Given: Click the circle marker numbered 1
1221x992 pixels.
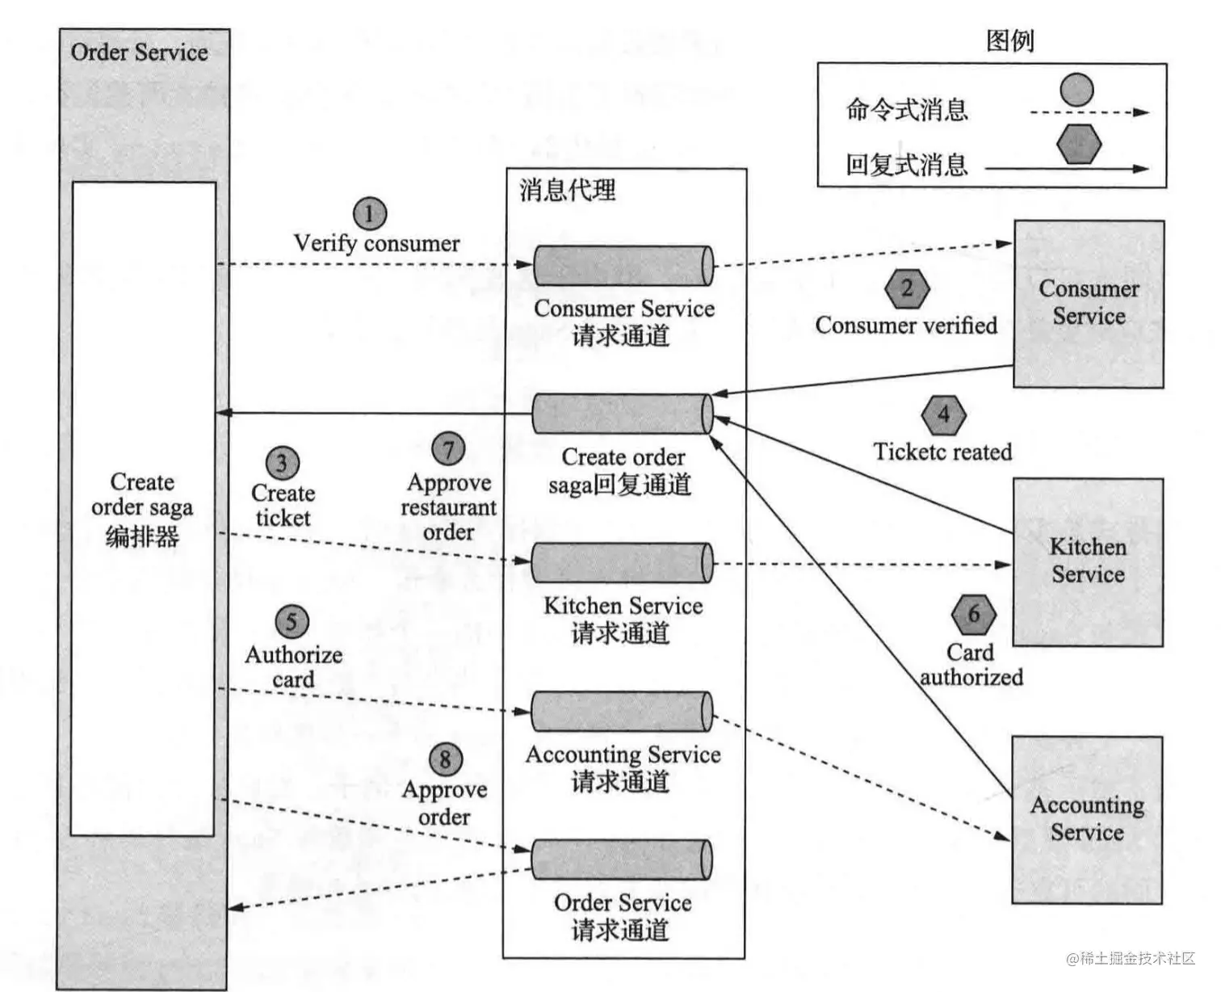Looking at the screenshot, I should coord(370,214).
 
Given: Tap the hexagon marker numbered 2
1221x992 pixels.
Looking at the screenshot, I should coord(907,288).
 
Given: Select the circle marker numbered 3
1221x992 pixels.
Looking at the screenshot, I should coord(283,464).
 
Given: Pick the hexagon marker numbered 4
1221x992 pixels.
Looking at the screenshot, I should coord(943,415).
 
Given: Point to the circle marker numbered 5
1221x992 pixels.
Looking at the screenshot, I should coord(292,622).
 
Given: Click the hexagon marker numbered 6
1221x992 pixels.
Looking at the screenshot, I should coord(973,614).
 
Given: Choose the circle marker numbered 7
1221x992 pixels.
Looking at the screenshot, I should coord(448,448).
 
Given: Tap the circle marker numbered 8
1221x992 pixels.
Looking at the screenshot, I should coord(445,759).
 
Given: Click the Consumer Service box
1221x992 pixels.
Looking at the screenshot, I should coord(1089,304).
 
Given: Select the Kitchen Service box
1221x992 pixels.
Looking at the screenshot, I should coord(1088,561).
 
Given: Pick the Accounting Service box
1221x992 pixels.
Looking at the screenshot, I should coord(1087,819).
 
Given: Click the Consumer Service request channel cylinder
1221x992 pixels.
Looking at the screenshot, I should coord(623,266).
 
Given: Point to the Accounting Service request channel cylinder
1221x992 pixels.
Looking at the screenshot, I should coord(622,712).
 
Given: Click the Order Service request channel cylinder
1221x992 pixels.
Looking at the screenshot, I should coord(622,860).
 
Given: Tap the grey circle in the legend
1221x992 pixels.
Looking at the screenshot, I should coord(1076,90).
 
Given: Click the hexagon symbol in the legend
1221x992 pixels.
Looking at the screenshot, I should coord(1079,145).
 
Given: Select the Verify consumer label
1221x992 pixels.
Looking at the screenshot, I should coord(376,243).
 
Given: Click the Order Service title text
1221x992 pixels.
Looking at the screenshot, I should coord(139,53).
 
